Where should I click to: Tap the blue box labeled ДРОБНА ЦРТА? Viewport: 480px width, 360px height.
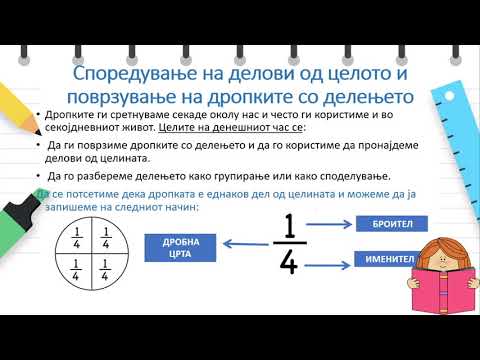tap(181, 247)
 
